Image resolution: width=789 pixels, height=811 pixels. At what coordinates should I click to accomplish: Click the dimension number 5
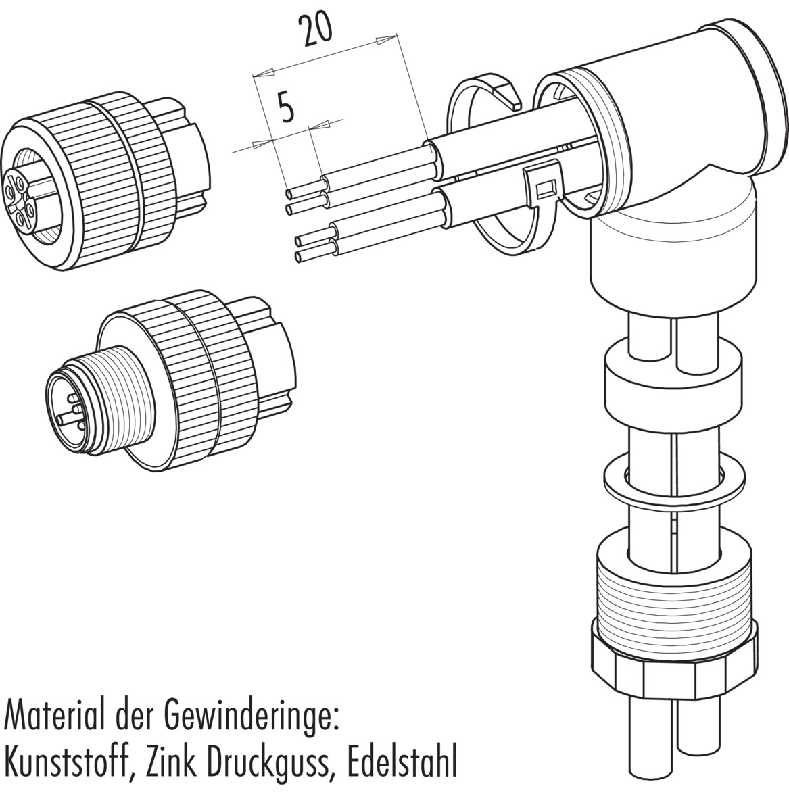point(287,108)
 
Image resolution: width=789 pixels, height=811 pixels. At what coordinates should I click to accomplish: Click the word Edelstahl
point(402,767)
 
